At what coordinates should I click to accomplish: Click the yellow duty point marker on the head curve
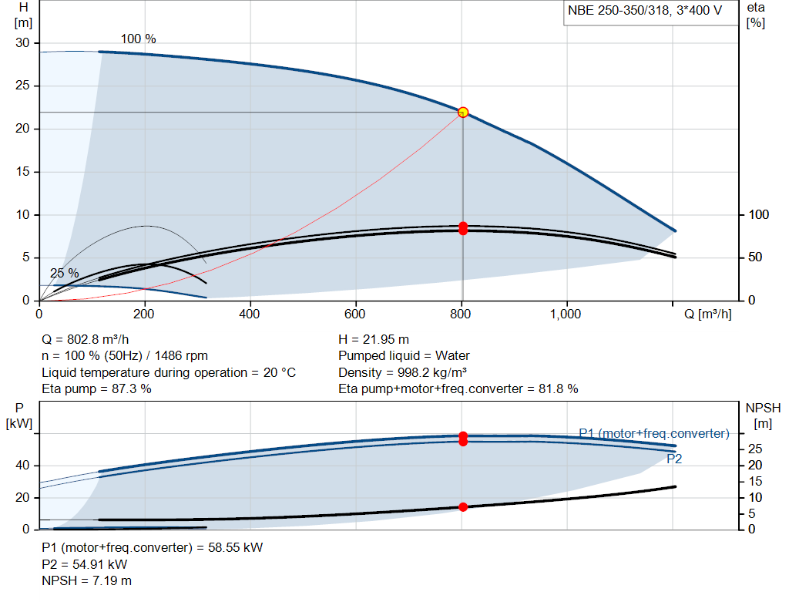[x=463, y=113]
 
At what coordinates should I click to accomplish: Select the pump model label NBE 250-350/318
[x=619, y=11]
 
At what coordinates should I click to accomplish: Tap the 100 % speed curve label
[x=139, y=39]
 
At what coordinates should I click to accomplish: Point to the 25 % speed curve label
[x=65, y=274]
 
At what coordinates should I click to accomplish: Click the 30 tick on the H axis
[x=22, y=43]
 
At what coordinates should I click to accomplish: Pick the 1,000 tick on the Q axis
[x=566, y=314]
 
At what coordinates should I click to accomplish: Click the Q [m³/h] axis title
[x=707, y=314]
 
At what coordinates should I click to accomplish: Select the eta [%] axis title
[x=756, y=15]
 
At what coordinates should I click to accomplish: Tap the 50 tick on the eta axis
[x=755, y=257]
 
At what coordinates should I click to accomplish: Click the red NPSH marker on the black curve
[x=463, y=507]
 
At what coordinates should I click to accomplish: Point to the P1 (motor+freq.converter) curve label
[x=654, y=433]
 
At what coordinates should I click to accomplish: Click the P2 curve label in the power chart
[x=674, y=459]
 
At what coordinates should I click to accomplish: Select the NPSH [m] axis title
[x=763, y=415]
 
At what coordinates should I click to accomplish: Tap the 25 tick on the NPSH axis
[x=755, y=449]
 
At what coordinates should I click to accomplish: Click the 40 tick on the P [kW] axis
[x=22, y=465]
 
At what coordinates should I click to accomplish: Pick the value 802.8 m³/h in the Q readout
[x=98, y=339]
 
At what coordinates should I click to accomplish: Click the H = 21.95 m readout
[x=374, y=339]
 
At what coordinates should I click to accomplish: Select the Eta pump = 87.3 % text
[x=96, y=388]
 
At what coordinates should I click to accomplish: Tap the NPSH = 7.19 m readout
[x=86, y=580]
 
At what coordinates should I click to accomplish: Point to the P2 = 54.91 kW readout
[x=85, y=564]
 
